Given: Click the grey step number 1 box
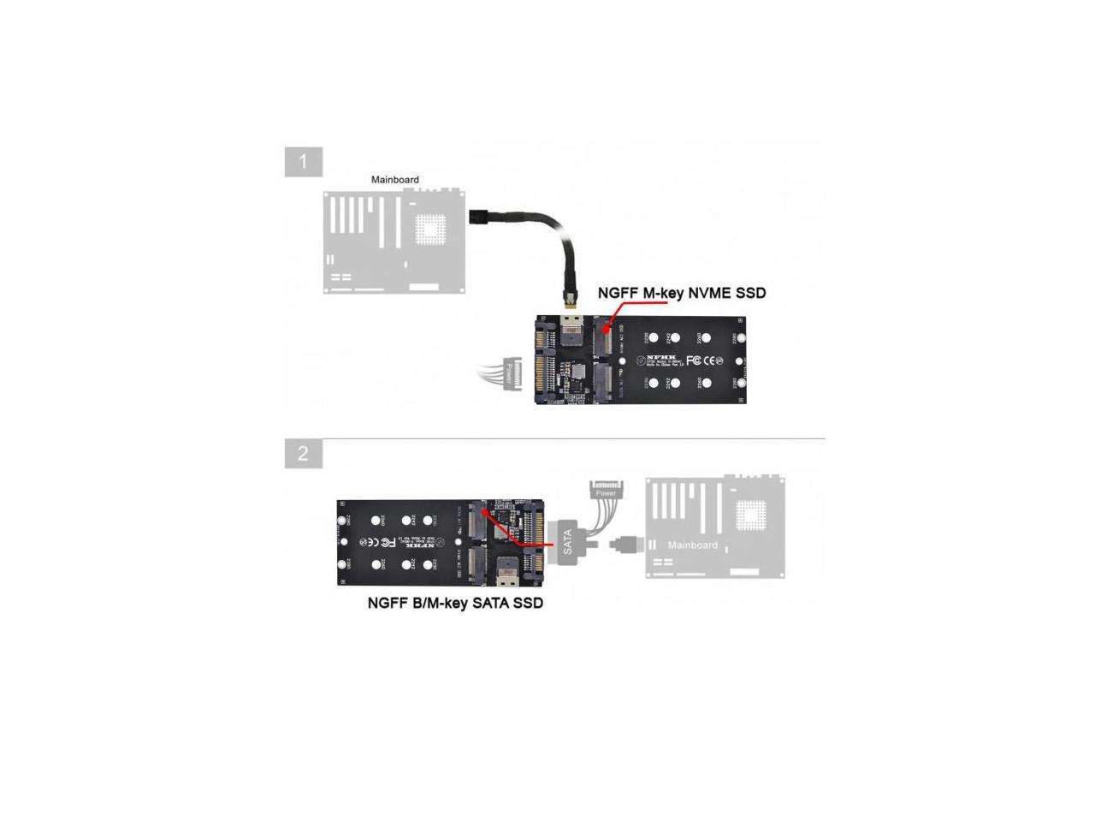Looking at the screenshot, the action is click(303, 162).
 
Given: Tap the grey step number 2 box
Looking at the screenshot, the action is click(303, 453).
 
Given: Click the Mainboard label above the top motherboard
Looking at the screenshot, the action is click(394, 180).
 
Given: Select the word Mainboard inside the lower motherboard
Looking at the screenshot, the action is click(692, 545).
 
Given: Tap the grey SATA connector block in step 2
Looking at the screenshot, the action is click(567, 541).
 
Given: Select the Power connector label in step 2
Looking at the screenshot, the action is click(606, 492).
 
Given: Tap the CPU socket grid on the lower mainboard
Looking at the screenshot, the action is click(752, 512).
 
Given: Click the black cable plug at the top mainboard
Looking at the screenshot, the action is click(477, 215).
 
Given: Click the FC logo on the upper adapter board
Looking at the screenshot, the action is click(694, 360).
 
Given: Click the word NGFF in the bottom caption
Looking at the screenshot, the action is click(388, 603).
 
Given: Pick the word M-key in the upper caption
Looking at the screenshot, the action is click(663, 293).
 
